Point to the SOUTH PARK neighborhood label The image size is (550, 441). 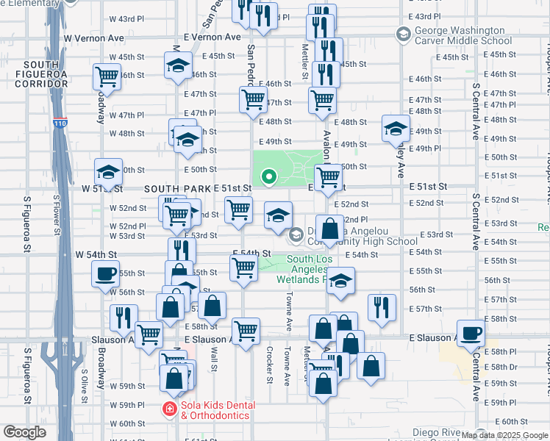coord(177,189)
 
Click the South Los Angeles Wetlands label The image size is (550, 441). coord(310,268)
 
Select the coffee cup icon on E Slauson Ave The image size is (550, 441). coord(471,331)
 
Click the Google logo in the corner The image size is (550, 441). coord(24,432)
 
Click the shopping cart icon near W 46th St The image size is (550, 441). coord(107,76)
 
